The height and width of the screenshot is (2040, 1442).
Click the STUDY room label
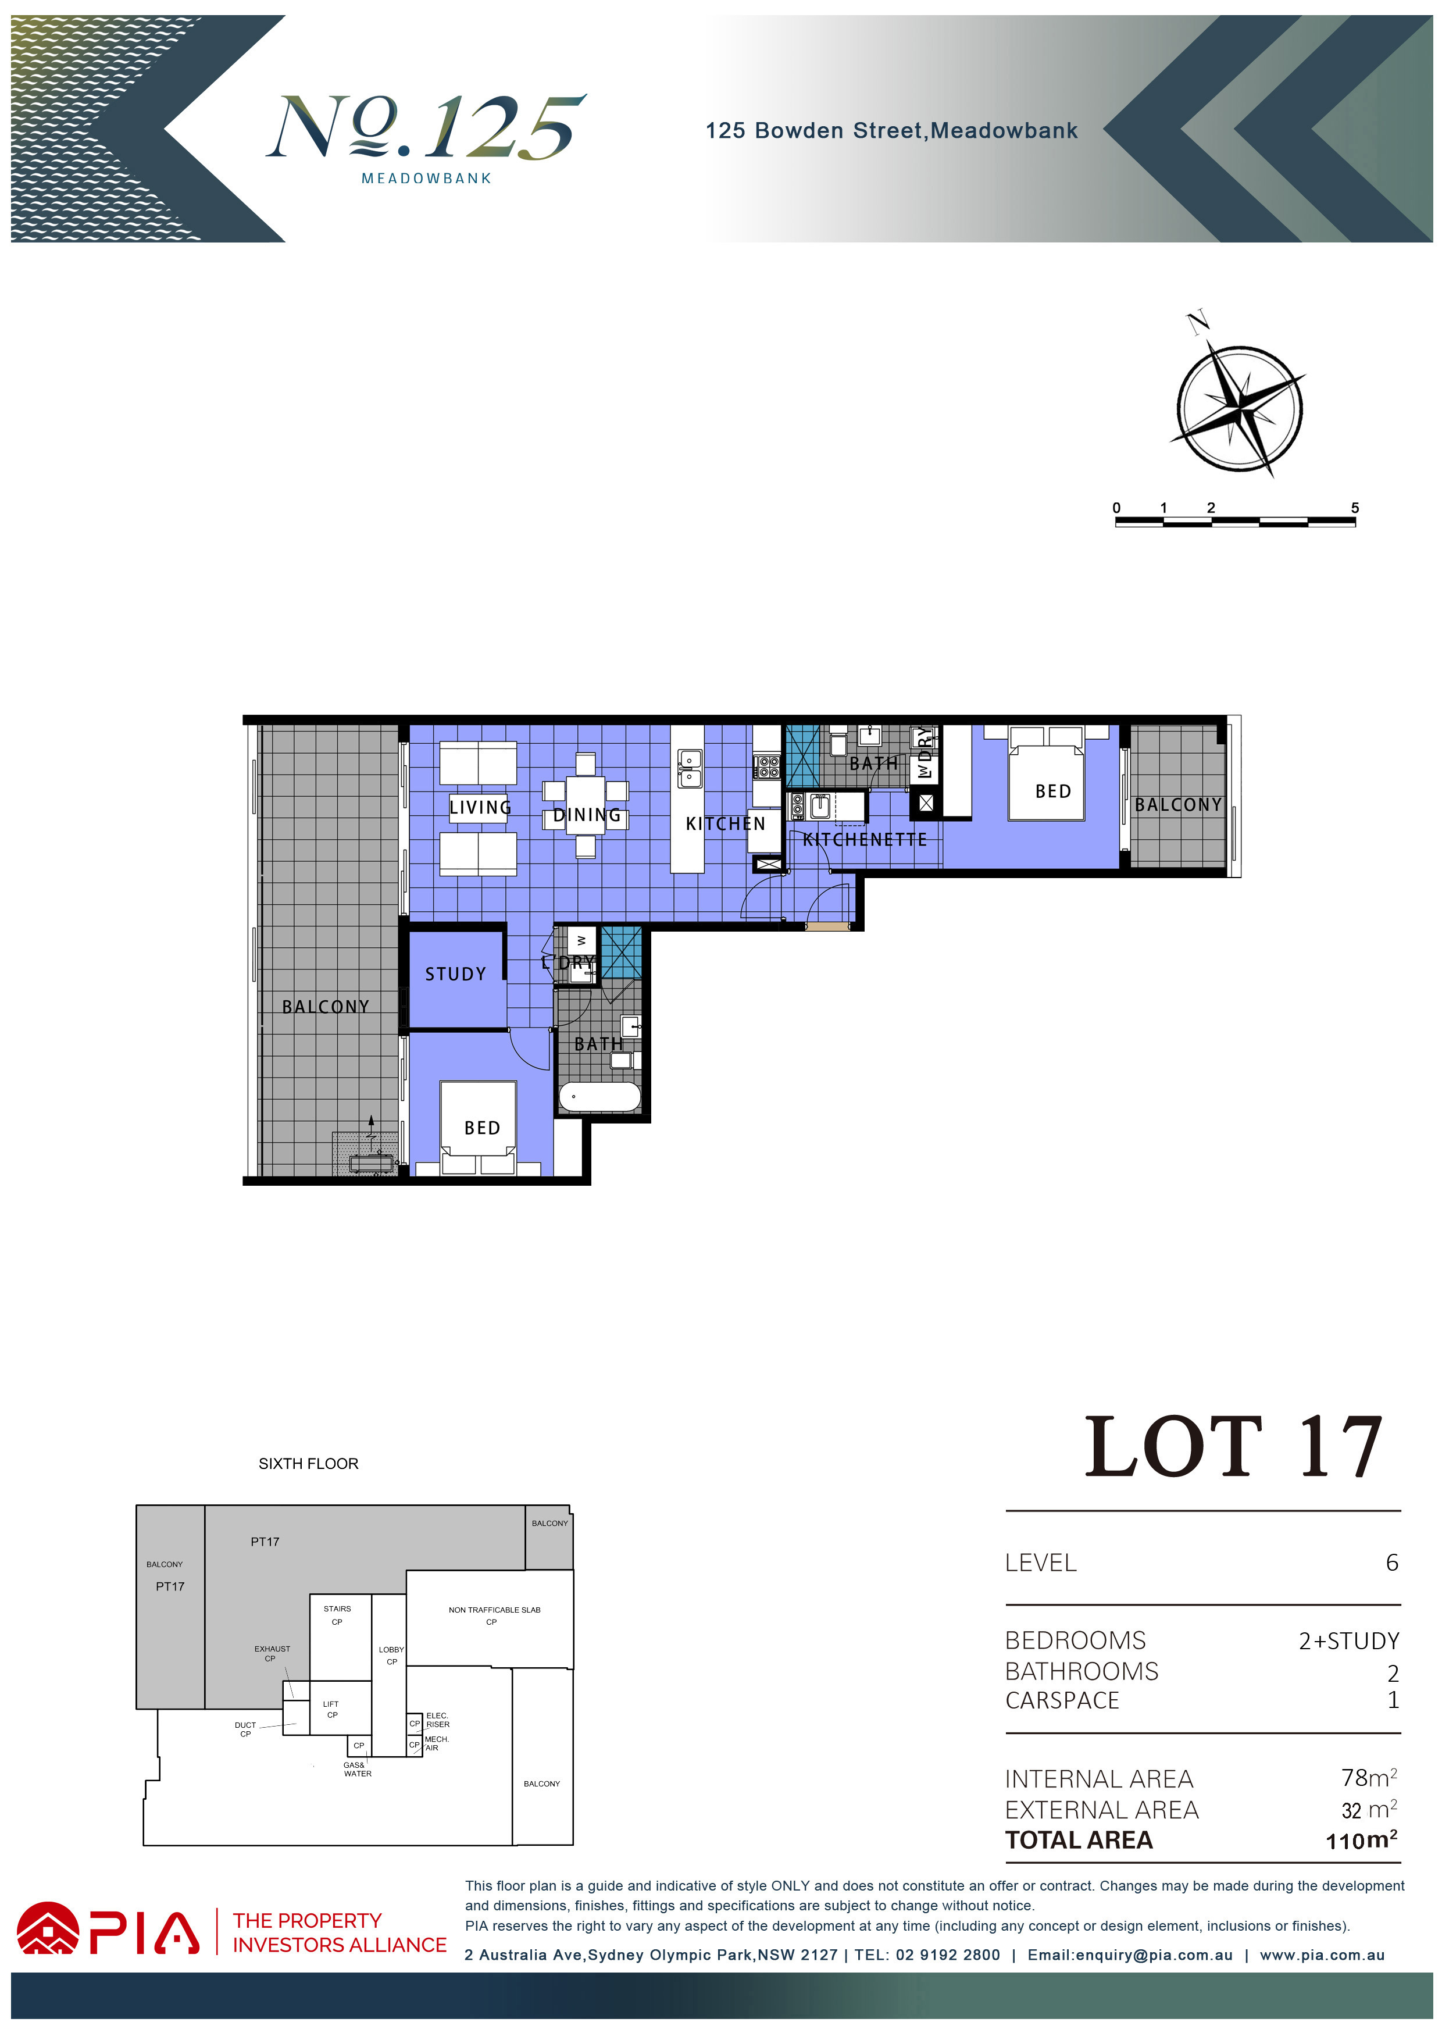456,974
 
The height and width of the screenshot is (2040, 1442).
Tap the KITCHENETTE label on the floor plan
865,840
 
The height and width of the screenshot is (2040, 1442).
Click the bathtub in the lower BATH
599,1096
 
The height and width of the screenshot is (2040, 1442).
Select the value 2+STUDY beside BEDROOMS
1349,1641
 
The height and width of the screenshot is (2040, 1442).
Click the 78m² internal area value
1369,1777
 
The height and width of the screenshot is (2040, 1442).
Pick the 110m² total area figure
1361,1839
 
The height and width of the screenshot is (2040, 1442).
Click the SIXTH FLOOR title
308,1463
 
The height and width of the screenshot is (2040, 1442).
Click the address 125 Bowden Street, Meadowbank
891,131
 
